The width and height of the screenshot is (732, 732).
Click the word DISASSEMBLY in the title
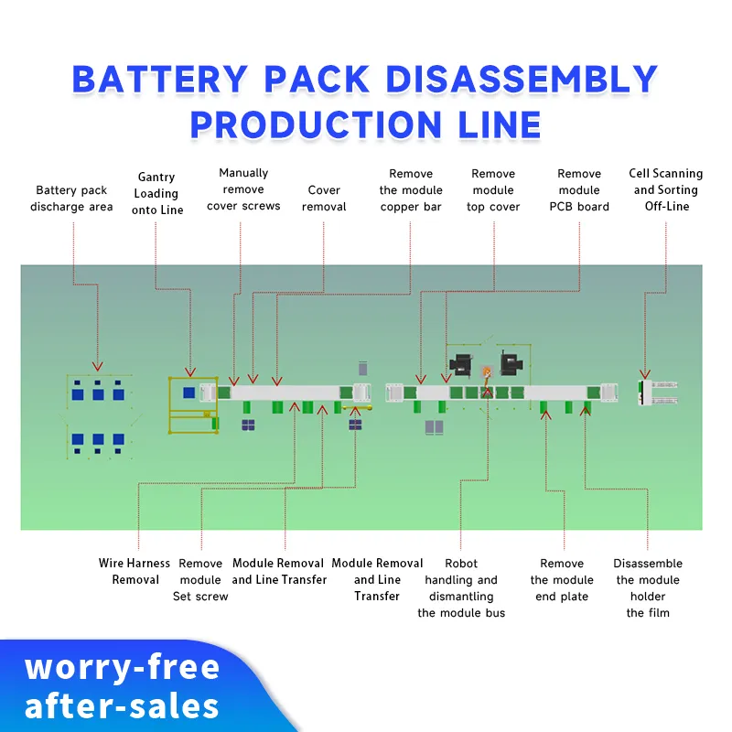(521, 79)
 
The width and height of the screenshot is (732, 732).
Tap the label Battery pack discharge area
(71, 199)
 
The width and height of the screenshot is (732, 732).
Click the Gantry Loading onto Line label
(156, 193)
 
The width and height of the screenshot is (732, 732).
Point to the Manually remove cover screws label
(243, 189)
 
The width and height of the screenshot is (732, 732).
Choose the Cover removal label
(324, 199)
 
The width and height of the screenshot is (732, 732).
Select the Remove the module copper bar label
(411, 190)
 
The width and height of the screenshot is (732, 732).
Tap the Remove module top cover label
(493, 190)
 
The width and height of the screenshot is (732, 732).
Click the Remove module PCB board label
(579, 190)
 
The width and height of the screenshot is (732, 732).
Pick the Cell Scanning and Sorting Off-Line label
(665, 189)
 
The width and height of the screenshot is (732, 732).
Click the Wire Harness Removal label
(135, 571)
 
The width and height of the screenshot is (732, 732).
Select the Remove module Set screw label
(200, 579)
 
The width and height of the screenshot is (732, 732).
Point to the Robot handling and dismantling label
(461, 587)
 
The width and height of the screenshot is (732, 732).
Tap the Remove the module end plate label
(562, 579)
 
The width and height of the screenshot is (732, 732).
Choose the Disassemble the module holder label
(648, 587)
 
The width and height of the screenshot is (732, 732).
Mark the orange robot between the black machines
(487, 372)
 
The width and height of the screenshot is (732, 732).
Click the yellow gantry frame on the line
(191, 404)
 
